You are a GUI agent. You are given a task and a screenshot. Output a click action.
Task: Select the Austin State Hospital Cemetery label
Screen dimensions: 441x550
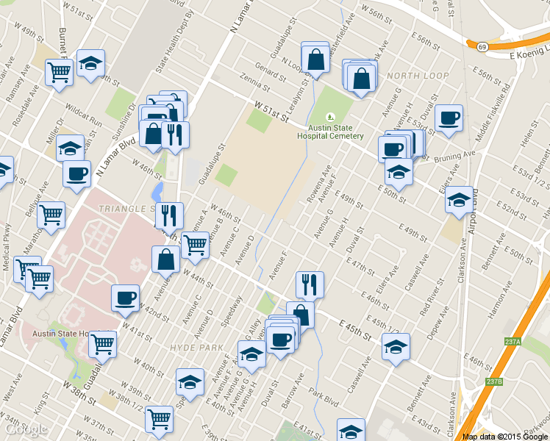click(330, 131)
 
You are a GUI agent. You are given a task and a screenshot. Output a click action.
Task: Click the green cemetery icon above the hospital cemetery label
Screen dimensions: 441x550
click(331, 116)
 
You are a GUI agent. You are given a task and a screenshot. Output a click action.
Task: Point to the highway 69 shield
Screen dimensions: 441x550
click(482, 46)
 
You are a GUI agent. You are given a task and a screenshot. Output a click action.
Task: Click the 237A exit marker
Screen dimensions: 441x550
click(513, 342)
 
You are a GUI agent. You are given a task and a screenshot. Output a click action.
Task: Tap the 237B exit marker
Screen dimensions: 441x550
click(494, 381)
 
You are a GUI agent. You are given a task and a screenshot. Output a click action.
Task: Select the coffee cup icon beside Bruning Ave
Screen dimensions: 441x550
click(448, 118)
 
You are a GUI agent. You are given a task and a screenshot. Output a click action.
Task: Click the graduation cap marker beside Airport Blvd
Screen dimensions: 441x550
click(459, 200)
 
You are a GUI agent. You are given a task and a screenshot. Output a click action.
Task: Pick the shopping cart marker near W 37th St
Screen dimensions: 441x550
click(159, 418)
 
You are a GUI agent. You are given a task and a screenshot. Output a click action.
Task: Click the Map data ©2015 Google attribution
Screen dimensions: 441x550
click(504, 436)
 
